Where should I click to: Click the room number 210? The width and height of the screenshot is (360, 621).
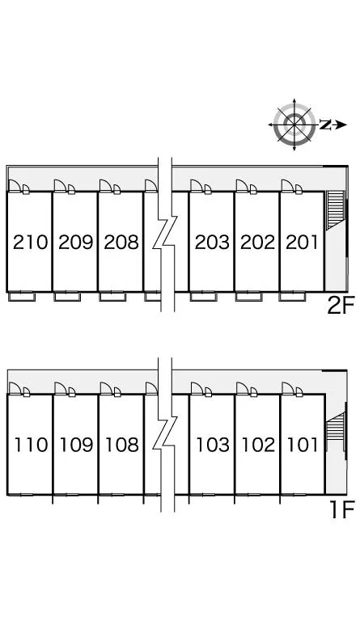pyautogui.click(x=30, y=242)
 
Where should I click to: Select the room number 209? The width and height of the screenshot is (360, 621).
pyautogui.click(x=76, y=242)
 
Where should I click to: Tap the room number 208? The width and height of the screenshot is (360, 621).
pyautogui.click(x=121, y=242)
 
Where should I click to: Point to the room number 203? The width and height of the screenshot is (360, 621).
pyautogui.click(x=212, y=242)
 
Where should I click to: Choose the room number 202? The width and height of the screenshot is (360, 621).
pyautogui.click(x=257, y=242)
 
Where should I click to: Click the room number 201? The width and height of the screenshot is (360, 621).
pyautogui.click(x=302, y=242)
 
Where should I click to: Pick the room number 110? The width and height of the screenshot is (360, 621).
pyautogui.click(x=31, y=445)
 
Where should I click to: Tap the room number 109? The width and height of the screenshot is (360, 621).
pyautogui.click(x=76, y=445)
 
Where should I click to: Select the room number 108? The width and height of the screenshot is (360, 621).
pyautogui.click(x=122, y=445)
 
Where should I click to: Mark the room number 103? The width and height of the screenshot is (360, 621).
pyautogui.click(x=213, y=445)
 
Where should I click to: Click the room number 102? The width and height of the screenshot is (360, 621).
pyautogui.click(x=258, y=445)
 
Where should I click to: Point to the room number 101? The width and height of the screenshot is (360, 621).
pyautogui.click(x=303, y=445)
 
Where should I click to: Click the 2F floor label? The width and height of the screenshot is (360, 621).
pyautogui.click(x=341, y=306)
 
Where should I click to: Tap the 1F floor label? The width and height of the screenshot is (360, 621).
pyautogui.click(x=341, y=509)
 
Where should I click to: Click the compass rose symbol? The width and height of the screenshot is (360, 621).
pyautogui.click(x=294, y=125)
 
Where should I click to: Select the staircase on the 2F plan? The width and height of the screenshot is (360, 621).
pyautogui.click(x=335, y=210)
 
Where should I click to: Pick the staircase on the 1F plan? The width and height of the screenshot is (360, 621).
pyautogui.click(x=335, y=432)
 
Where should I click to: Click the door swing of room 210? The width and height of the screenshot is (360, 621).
pyautogui.click(x=15, y=185)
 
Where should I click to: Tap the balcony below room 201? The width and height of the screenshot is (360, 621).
pyautogui.click(x=292, y=297)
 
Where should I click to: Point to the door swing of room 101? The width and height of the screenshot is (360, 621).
pyautogui.click(x=288, y=388)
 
